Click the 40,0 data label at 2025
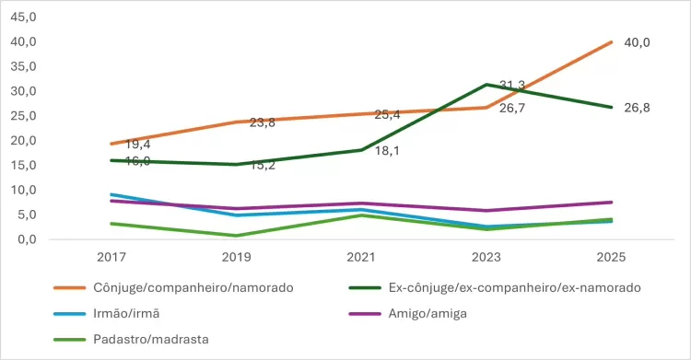click(x=637, y=42)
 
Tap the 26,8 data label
click(x=637, y=108)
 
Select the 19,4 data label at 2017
click(x=138, y=145)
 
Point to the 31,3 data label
click(x=512, y=86)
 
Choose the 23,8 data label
click(x=263, y=122)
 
